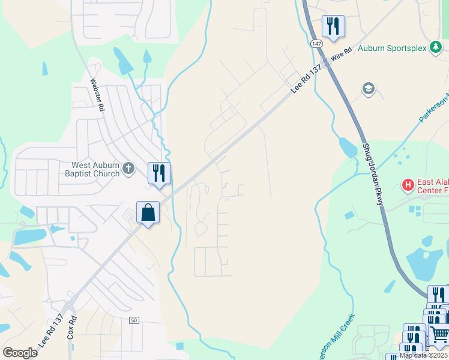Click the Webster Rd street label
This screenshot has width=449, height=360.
coord(97,96)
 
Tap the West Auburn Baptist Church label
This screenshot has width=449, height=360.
coord(96,170)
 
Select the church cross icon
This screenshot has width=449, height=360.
coord(128,169)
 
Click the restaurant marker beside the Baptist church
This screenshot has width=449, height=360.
coord(159,173)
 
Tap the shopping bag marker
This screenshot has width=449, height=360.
coord(148,212)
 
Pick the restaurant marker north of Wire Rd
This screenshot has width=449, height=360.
coord(333,26)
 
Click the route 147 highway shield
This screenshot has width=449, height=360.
coord(316,44)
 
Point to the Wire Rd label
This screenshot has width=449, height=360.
coord(340,57)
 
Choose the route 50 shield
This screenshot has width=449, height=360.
coord(134,321)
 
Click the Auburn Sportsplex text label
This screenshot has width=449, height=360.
coord(392,48)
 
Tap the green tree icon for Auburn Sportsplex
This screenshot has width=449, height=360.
coord(436,48)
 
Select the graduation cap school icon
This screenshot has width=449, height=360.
coord(368,89)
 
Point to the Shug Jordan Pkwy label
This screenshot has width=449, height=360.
coord(372,175)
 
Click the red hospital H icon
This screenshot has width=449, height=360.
coord(408,185)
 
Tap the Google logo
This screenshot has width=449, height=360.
coord(20,353)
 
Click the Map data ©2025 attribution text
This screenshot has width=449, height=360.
coord(423,355)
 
